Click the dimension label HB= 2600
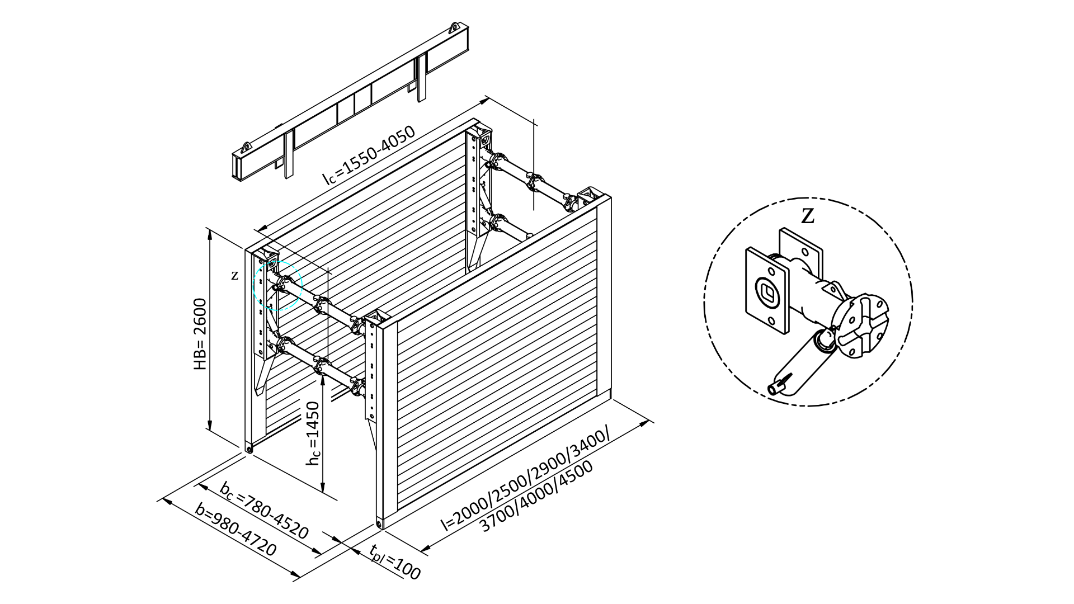click(x=200, y=334)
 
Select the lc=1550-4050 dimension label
click(x=369, y=155)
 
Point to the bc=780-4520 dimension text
click(x=264, y=510)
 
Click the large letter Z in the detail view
click(x=807, y=216)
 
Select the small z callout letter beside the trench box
click(x=235, y=275)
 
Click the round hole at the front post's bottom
click(x=380, y=523)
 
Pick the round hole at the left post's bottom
click(x=249, y=449)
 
